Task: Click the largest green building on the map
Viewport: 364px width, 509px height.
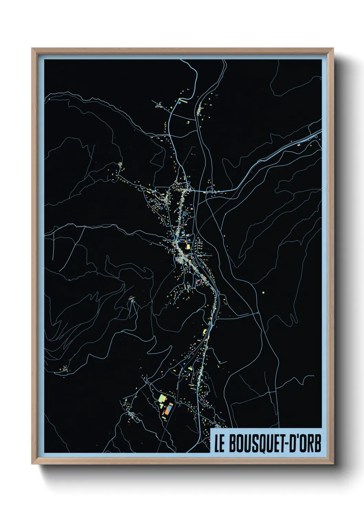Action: pyautogui.click(x=162, y=399)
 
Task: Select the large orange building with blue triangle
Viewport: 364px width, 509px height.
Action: pyautogui.click(x=169, y=409)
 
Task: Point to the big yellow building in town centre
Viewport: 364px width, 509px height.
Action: pyautogui.click(x=188, y=246)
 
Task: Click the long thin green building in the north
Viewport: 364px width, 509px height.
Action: pyautogui.click(x=183, y=101)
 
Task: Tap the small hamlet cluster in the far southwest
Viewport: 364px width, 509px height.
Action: pyautogui.click(x=64, y=370)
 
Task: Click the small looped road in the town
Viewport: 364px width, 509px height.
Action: pyautogui.click(x=185, y=214)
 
